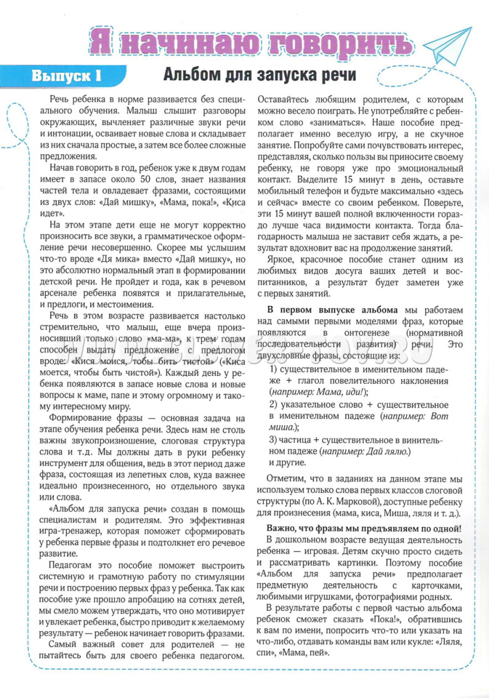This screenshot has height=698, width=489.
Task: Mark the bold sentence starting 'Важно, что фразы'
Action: (x=364, y=527)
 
